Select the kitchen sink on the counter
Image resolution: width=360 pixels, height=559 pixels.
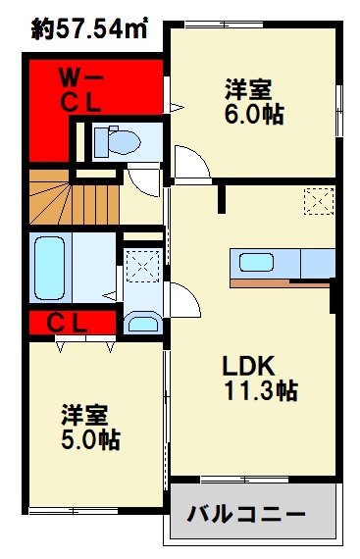point(258,263)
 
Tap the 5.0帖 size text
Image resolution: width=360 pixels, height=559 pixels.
point(91,440)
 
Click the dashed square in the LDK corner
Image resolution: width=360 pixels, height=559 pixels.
point(316,201)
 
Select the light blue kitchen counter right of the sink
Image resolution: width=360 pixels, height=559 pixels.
point(317,262)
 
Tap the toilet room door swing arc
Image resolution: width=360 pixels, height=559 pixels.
point(141,179)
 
